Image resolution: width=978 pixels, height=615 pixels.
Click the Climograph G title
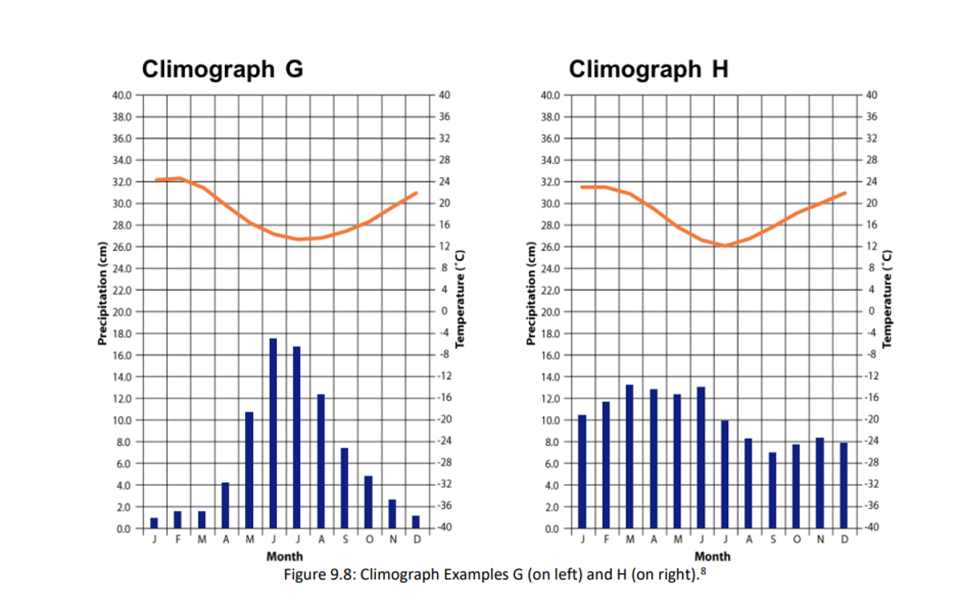coord(222,69)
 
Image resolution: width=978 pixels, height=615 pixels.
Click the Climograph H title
coord(648,69)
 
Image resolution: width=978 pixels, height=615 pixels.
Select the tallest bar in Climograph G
coord(273,433)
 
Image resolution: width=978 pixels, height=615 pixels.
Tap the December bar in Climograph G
coord(416,522)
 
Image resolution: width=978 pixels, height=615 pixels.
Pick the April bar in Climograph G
coord(226,505)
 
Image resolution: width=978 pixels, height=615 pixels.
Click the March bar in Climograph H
coord(629,457)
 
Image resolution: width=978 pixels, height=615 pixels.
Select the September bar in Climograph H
coord(772,490)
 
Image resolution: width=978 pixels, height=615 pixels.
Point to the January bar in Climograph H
coord(582,471)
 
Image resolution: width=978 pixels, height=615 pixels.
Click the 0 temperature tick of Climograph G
coord(444,311)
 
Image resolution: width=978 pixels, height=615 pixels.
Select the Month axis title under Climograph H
coord(712,556)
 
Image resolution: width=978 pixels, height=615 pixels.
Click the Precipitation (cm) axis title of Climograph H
coord(530,294)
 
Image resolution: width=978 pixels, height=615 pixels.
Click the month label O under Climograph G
coord(368,540)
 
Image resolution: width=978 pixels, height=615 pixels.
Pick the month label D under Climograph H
coord(845,540)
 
